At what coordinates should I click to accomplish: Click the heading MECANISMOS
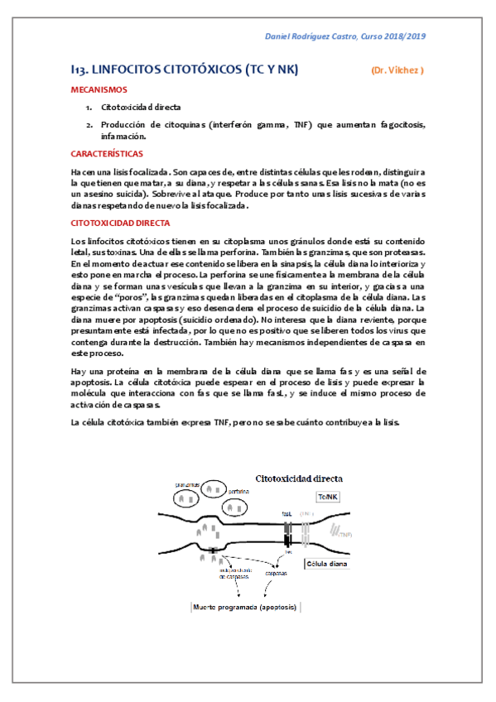click(98, 89)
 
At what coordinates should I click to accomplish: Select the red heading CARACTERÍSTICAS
click(106, 154)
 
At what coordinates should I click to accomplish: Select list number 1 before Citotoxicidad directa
click(89, 108)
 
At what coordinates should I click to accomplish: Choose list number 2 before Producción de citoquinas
click(89, 124)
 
